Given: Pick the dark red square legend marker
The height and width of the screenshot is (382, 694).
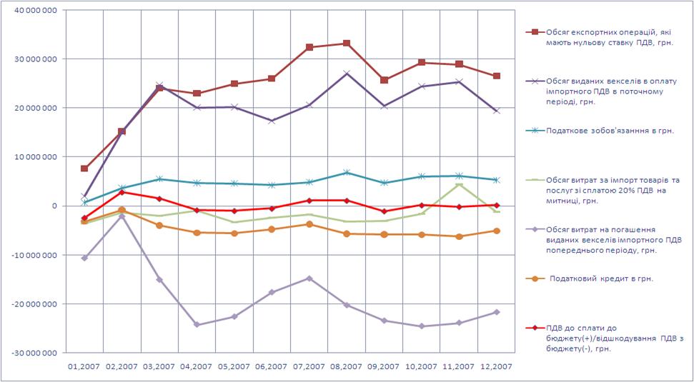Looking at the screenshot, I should click(x=533, y=32).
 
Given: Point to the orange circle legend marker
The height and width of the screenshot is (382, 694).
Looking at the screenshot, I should click(x=533, y=278).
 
